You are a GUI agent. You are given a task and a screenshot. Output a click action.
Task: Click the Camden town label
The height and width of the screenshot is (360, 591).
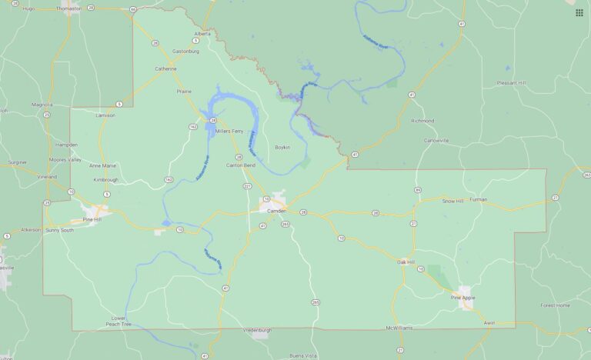point(276,210)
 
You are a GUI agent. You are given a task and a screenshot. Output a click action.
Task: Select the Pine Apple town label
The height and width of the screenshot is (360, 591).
point(463,296)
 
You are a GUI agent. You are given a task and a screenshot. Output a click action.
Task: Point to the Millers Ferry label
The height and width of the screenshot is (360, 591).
point(229,132)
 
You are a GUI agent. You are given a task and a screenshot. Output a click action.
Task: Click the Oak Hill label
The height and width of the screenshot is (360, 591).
point(406,262)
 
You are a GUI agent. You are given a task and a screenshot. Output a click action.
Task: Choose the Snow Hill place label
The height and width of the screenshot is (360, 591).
point(452,200)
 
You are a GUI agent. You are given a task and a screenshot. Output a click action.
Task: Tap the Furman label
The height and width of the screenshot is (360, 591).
point(478,199)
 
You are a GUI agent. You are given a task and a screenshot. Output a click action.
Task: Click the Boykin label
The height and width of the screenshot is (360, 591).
point(282,147)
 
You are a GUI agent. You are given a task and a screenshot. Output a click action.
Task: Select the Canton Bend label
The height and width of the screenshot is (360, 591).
point(240,166)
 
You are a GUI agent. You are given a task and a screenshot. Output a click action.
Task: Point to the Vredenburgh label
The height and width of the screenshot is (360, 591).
point(259,328)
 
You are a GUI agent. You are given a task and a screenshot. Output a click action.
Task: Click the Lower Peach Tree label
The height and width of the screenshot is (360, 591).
point(118,321)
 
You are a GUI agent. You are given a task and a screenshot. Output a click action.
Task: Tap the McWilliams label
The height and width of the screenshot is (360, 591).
point(399,328)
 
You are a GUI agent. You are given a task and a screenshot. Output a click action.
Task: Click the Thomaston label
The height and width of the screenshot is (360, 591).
point(68,8)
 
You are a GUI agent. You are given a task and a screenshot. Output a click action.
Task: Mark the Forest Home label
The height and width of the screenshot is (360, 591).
point(554,305)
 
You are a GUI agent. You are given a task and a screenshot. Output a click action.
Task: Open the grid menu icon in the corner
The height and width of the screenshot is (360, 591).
point(579,12)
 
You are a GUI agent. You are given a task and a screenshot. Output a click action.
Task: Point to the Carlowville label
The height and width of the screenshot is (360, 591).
point(436,140)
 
